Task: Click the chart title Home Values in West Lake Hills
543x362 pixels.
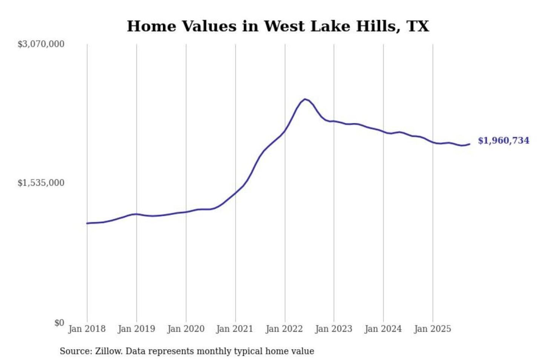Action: [x=278, y=26]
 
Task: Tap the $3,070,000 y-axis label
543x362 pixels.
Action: [x=41, y=44]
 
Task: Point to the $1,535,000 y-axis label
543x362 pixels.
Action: [x=41, y=183]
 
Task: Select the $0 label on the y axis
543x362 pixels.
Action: [x=59, y=323]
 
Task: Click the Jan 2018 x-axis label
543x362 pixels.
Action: [x=87, y=329]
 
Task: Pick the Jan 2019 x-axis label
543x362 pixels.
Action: [x=136, y=329]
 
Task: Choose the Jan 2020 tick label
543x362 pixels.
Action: [x=186, y=329]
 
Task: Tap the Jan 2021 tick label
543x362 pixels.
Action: [x=235, y=329]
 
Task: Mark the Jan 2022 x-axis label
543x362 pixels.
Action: [x=284, y=329]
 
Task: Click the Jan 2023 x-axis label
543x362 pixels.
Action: [x=333, y=329]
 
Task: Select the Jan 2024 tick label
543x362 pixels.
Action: [x=383, y=329]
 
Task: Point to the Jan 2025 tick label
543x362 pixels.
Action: [x=432, y=329]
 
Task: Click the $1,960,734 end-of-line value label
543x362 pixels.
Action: [x=503, y=141]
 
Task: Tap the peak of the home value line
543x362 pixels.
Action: [x=305, y=99]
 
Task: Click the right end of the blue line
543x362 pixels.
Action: [x=469, y=144]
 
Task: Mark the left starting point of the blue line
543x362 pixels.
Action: [x=87, y=223]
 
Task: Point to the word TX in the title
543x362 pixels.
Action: [x=418, y=26]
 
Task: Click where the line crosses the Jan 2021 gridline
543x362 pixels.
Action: [x=236, y=193]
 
